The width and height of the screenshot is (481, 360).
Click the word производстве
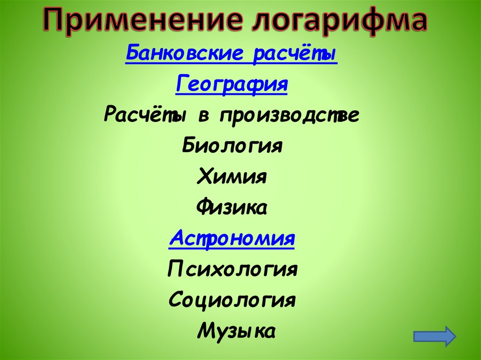(289, 115)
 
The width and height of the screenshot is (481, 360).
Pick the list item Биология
(232, 146)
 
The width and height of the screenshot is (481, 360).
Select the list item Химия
(233, 176)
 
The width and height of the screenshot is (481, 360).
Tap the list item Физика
(232, 207)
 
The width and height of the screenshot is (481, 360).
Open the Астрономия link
(232, 237)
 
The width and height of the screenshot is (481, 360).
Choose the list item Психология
(233, 269)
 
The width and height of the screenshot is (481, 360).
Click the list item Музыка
(236, 330)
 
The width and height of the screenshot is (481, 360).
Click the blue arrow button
(434, 336)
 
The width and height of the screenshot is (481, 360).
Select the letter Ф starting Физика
(203, 207)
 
